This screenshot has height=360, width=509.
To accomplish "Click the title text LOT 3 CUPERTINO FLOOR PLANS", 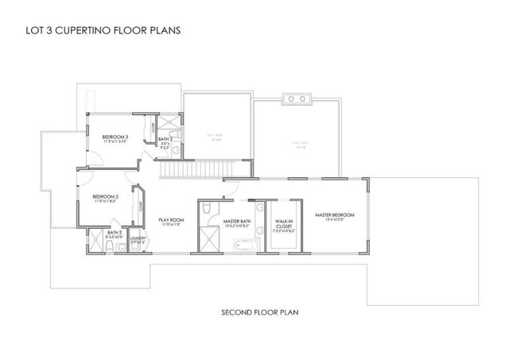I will [x=98, y=31].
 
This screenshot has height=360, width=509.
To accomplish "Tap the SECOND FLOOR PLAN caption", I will [x=259, y=312].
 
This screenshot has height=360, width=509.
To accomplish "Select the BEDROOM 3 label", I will [x=115, y=137].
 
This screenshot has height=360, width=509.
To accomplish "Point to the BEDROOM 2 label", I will [x=105, y=196].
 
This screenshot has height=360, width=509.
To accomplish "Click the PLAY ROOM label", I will [x=171, y=220].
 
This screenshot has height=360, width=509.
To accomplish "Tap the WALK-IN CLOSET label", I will [x=284, y=223].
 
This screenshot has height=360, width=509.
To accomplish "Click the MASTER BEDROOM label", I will [x=334, y=215].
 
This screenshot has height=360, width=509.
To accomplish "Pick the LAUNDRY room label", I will [x=137, y=237].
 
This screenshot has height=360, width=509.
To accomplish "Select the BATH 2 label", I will [x=114, y=232].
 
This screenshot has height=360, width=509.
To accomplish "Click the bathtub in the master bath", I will [x=244, y=246].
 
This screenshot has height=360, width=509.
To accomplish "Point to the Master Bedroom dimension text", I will [x=334, y=220].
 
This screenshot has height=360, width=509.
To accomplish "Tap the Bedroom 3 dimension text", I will [x=115, y=142].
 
